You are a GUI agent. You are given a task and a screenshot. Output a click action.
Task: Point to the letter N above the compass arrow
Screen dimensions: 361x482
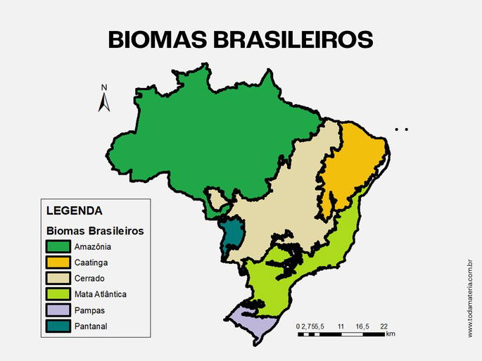point(103,88)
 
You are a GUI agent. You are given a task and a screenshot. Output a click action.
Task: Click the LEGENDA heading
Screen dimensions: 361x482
point(74,210)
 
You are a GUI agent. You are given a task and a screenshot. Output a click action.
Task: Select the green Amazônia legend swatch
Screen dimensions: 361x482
point(58,246)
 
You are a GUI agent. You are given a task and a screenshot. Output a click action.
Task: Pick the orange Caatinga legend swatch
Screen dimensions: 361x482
point(58,262)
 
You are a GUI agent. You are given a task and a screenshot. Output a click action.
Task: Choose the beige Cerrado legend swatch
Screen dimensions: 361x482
point(58,279)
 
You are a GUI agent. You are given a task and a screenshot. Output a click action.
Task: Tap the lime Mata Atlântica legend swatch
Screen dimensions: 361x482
point(58,294)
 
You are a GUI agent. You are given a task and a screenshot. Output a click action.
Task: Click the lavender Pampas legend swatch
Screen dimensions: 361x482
point(58,310)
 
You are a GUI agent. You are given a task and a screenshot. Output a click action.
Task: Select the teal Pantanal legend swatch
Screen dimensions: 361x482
point(58,326)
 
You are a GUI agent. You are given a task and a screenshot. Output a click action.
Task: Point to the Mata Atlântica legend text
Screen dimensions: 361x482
point(100,294)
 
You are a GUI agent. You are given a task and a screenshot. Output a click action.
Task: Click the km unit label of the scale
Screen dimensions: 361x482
point(391,334)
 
